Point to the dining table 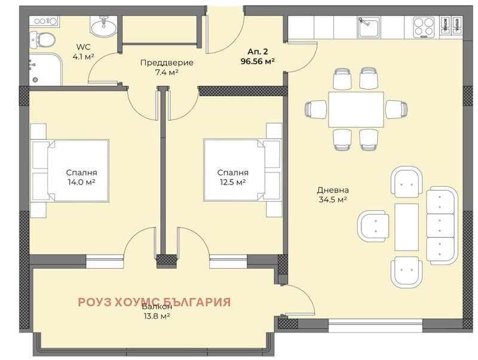point(356,109)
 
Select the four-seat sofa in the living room point(442,226)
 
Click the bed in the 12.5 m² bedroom point(234,171)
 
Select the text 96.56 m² point(258,61)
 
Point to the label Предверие point(159,62)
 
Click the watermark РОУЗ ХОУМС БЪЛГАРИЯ point(154,302)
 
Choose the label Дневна point(332,190)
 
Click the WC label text point(82,48)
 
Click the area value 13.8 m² point(154,316)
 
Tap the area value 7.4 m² point(159,72)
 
